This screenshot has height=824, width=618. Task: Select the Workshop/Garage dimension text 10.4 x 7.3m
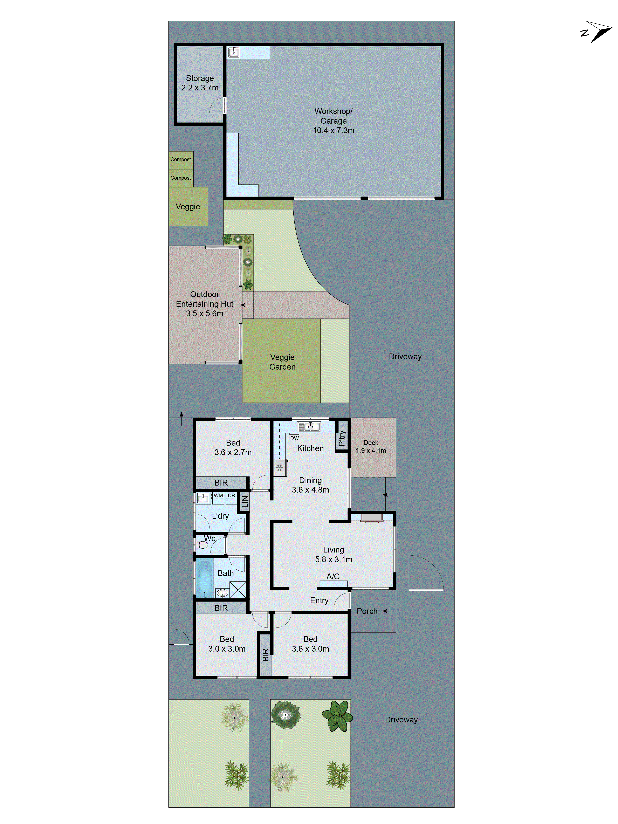click(333, 130)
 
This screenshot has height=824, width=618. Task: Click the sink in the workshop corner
click(234, 52)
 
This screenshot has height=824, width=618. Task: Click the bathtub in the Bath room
click(204, 579)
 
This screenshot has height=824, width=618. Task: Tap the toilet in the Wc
click(202, 545)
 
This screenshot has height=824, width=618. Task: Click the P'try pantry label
click(342, 438)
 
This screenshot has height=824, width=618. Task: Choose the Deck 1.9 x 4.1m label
click(371, 446)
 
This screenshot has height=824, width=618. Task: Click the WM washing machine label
click(218, 495)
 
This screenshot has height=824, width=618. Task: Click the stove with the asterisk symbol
click(279, 468)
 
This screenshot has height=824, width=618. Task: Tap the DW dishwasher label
click(294, 438)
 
